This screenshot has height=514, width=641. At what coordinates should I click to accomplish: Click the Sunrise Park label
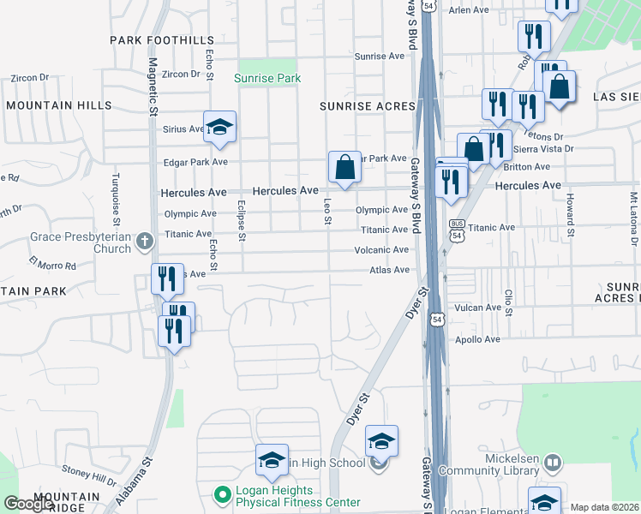(x=267, y=78)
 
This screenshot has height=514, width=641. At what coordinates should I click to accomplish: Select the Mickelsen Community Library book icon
(x=554, y=463)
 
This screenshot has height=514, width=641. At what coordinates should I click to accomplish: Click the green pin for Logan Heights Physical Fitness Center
(x=222, y=494)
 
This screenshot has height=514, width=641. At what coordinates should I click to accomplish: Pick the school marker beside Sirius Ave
(x=220, y=128)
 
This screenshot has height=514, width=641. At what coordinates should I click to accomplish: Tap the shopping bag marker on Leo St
(x=344, y=167)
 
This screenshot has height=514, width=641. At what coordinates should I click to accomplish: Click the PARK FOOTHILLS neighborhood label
(x=162, y=40)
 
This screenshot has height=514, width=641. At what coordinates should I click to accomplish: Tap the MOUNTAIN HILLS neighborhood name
(x=58, y=105)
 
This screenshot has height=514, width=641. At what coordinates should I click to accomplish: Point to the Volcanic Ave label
(x=382, y=250)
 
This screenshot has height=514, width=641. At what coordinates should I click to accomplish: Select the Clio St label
(x=508, y=302)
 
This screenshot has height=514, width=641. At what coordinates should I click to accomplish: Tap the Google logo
(x=28, y=504)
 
